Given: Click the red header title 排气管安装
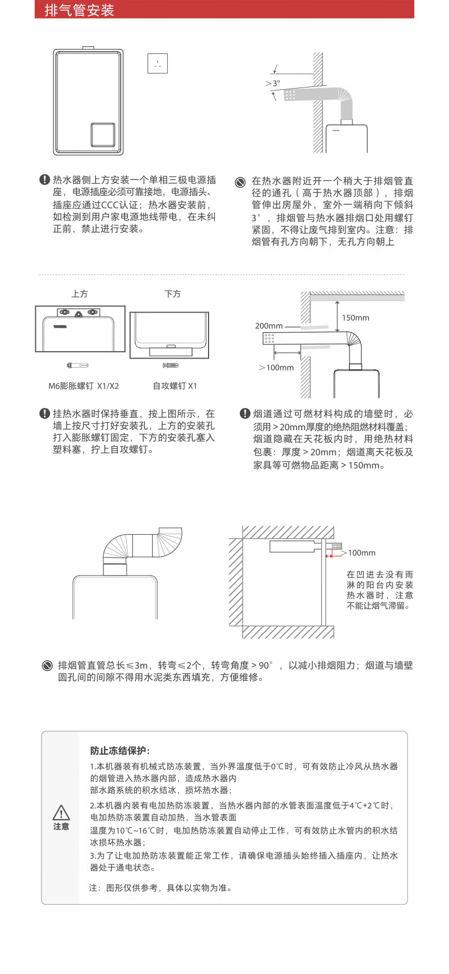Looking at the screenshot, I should click(80, 10).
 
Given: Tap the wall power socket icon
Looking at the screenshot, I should click(157, 63).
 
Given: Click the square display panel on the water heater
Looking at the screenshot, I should click(103, 134).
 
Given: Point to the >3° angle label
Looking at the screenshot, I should click(273, 83).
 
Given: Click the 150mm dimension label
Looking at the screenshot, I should click(355, 318).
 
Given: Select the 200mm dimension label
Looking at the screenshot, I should click(269, 326).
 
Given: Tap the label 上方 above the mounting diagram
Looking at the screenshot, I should click(80, 294).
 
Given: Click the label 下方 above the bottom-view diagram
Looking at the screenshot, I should click(173, 294).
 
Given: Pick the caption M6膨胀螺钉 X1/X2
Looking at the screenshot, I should click(84, 386).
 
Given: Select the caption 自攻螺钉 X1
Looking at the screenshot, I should click(174, 386).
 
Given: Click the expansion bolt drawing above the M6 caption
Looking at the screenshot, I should click(78, 365).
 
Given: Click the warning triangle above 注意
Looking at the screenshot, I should click(61, 812).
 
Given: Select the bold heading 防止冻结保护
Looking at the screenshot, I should click(120, 751).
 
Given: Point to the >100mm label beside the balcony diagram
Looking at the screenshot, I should click(359, 553).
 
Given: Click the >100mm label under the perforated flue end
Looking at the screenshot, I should click(277, 368).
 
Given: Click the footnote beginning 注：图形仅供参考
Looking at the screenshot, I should click(161, 888).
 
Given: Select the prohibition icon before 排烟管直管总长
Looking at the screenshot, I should click(48, 665).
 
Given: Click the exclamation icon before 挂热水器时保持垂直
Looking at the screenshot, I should click(44, 414).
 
